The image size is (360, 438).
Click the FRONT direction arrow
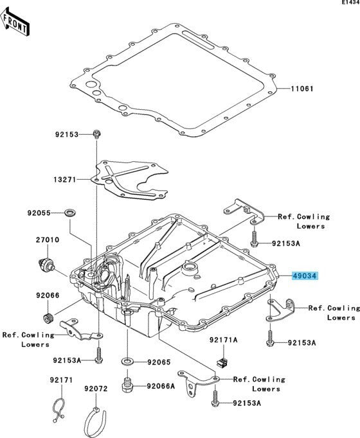[15, 22]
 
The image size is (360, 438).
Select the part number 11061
[302, 89]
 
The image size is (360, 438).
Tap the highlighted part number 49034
[305, 276]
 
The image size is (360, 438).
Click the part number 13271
[65, 179]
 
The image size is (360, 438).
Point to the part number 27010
[47, 240]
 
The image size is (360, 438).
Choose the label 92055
[39, 213]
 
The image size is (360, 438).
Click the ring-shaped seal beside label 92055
[70, 213]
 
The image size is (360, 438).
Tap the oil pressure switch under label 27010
[46, 264]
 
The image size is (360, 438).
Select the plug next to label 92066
[48, 318]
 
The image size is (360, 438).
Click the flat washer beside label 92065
[127, 362]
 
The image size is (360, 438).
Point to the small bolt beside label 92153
[96, 134]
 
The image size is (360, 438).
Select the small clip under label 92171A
[223, 362]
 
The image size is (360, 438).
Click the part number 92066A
[161, 386]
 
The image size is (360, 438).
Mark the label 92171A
[224, 340]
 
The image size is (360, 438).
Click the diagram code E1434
[350, 2]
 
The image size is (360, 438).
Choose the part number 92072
[96, 389]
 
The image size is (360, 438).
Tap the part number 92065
[159, 362]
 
